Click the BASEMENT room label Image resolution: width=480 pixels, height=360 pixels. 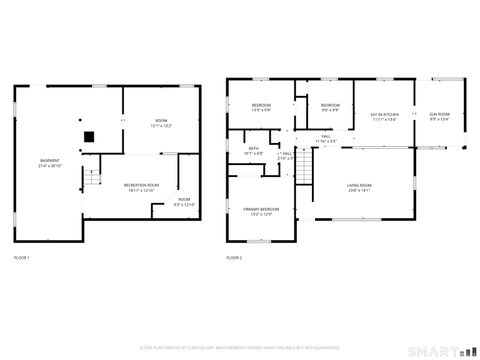pyautogui.click(x=48, y=160)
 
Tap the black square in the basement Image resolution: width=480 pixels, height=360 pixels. pyautogui.click(x=89, y=137)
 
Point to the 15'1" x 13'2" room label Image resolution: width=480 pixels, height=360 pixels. pyautogui.click(x=161, y=122)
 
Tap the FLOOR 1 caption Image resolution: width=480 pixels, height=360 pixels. pyautogui.click(x=22, y=258)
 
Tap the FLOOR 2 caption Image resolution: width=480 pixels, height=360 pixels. pyautogui.click(x=234, y=258)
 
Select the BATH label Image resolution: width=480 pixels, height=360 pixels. pyautogui.click(x=254, y=151)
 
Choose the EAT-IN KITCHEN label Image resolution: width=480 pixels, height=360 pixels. pyautogui.click(x=385, y=116)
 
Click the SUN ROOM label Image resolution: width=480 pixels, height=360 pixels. pyautogui.click(x=440, y=116)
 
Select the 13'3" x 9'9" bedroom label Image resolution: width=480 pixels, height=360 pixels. pyautogui.click(x=261, y=107)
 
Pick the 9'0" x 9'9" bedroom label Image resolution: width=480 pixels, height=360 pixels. pyautogui.click(x=331, y=107)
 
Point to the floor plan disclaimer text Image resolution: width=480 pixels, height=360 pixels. pyautogui.click(x=240, y=347)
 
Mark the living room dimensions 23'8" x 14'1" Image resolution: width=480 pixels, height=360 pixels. pyautogui.click(x=359, y=190)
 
